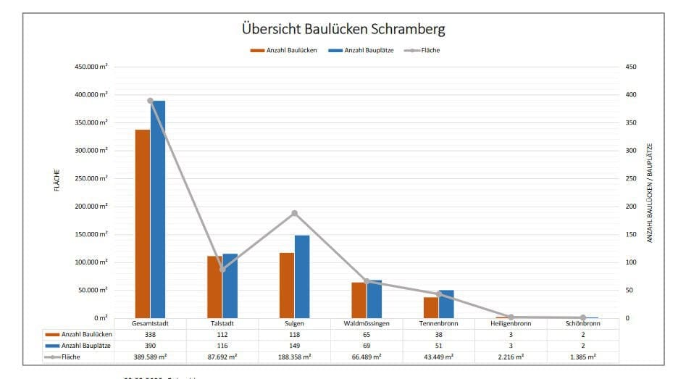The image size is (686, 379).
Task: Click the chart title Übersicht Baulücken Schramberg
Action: (x=343, y=30)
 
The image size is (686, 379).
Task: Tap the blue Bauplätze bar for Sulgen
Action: (x=302, y=276)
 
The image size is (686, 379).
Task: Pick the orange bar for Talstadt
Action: (x=214, y=286)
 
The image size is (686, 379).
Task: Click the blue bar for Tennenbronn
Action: (x=446, y=304)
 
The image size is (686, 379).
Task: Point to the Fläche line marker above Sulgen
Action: (x=295, y=213)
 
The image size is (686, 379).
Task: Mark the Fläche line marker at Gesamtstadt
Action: (x=151, y=101)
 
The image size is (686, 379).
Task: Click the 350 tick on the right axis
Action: (x=631, y=122)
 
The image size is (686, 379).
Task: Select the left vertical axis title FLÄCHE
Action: (x=57, y=180)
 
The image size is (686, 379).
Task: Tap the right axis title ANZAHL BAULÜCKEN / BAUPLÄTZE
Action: (x=650, y=192)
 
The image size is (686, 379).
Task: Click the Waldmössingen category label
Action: (x=367, y=324)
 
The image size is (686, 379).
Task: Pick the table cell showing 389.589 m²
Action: (x=151, y=357)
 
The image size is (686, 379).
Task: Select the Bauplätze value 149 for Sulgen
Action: (x=295, y=346)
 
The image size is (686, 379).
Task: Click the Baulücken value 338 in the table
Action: (x=151, y=335)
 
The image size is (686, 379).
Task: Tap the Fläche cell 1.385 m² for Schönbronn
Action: (x=582, y=357)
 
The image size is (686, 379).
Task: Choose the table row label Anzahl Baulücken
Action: (x=87, y=335)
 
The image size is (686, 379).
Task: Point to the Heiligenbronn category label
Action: (x=511, y=324)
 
